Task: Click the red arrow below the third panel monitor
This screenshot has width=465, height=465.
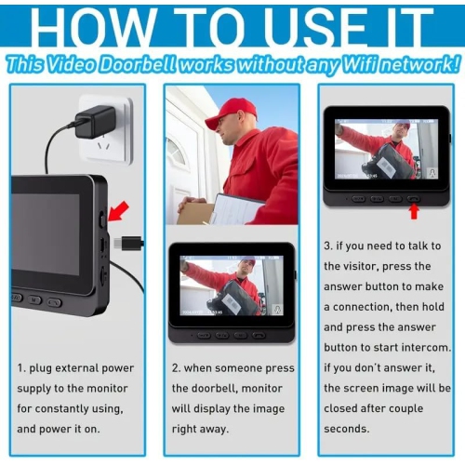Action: coord(414,212)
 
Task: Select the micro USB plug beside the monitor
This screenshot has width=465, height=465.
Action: coord(129,244)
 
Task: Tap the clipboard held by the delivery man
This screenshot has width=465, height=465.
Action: coord(236,208)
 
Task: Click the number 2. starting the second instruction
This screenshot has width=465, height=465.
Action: coord(178,368)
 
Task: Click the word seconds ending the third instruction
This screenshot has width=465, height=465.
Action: coord(348,428)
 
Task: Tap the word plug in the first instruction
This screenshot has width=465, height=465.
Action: coord(47,368)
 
